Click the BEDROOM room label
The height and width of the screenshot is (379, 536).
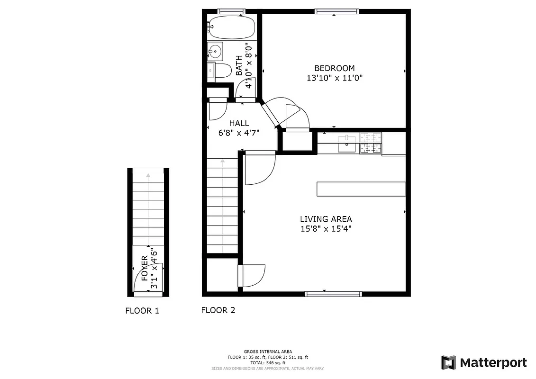click(x=334, y=68)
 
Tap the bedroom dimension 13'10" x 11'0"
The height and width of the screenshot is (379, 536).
click(x=334, y=78)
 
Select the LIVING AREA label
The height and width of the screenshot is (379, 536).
click(x=326, y=219)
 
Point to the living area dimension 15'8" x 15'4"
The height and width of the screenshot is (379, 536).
click(x=326, y=229)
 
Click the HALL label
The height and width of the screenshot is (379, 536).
click(x=239, y=123)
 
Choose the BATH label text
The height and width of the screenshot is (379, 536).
click(x=239, y=65)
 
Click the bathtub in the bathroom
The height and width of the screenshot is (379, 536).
click(x=231, y=27)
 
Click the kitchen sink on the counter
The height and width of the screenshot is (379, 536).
click(x=347, y=145)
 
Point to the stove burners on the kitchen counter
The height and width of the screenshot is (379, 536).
click(x=370, y=143)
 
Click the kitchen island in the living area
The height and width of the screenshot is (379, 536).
click(x=361, y=189)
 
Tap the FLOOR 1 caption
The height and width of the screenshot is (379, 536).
click(x=142, y=311)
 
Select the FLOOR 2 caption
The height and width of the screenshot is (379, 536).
click(x=218, y=311)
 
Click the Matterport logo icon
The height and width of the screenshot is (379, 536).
click(x=448, y=363)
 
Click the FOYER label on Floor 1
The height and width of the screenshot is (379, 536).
click(x=145, y=268)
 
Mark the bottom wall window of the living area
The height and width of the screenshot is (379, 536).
click(x=333, y=294)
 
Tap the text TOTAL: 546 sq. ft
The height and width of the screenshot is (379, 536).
click(x=267, y=362)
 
